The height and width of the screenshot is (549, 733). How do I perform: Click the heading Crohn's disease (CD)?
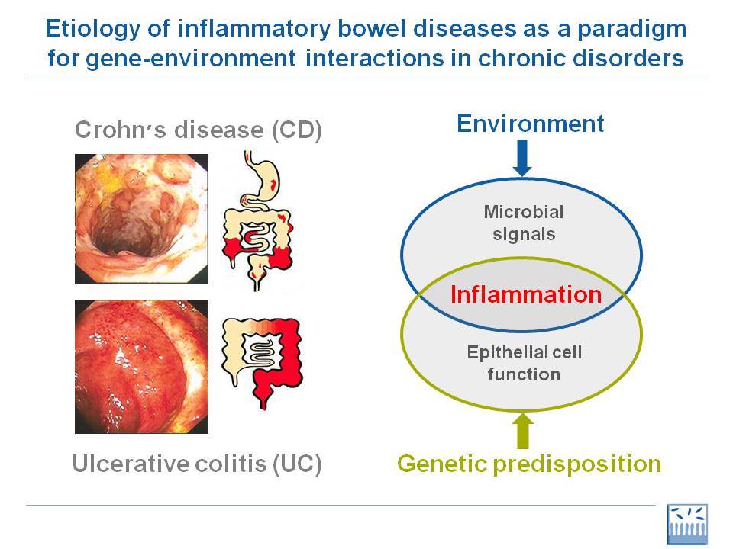[x=199, y=130]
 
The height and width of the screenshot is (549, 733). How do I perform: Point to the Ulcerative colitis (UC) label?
[x=197, y=464]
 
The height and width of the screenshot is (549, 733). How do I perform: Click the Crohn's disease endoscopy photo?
[x=142, y=219]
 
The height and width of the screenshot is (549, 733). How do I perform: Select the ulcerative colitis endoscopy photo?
[x=142, y=367]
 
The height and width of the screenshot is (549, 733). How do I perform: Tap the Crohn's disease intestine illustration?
[x=257, y=220]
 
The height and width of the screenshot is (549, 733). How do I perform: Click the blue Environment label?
[x=530, y=124]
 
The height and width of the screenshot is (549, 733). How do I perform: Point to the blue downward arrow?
[x=522, y=158]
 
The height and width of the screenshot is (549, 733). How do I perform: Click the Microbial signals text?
[x=524, y=223]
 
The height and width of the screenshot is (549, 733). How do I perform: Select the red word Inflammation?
[x=526, y=294]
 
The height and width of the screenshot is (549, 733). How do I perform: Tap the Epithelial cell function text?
[x=524, y=363]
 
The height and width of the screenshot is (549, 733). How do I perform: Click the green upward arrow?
[x=523, y=431]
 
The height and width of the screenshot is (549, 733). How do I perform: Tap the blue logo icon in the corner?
[x=686, y=525]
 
